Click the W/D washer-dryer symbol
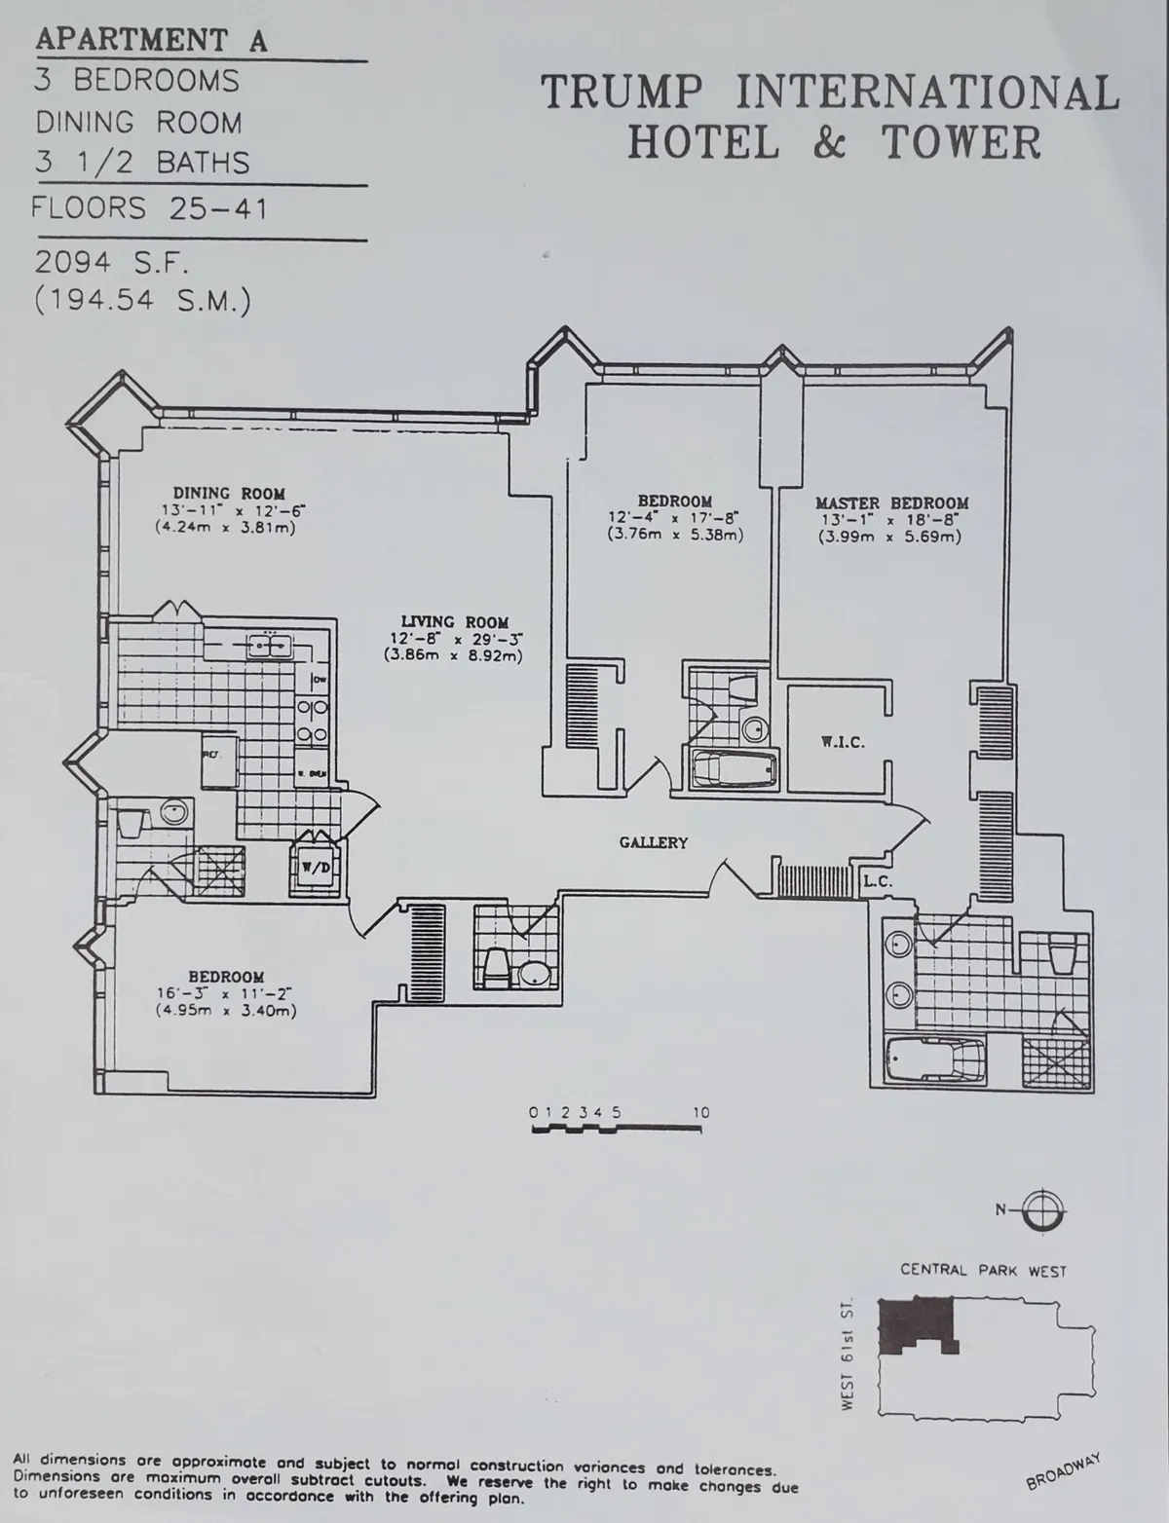click(x=313, y=868)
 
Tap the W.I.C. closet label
click(x=843, y=742)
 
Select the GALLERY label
click(x=653, y=842)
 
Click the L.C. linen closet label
click(x=878, y=882)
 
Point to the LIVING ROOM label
click(x=455, y=622)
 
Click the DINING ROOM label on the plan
click(x=229, y=494)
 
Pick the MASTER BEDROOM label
click(x=891, y=503)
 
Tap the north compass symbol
click(x=1045, y=1209)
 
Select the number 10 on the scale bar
click(x=700, y=1112)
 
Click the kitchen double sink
click(x=264, y=645)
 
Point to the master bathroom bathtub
click(x=935, y=1059)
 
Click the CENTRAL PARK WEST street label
click(x=983, y=1271)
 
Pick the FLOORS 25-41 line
click(x=149, y=208)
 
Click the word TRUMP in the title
click(x=621, y=93)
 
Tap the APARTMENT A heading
click(x=151, y=41)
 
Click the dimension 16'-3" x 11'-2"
click(x=226, y=994)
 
